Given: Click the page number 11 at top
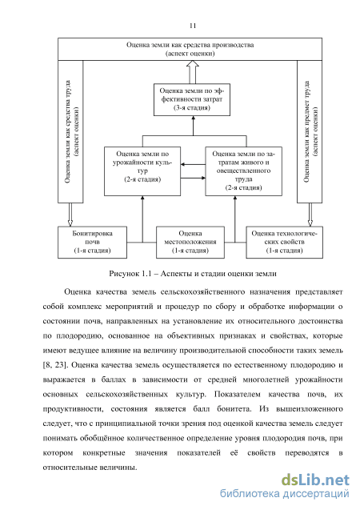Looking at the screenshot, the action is tap(193, 26).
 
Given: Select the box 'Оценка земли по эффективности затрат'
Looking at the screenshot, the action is tap(192, 99).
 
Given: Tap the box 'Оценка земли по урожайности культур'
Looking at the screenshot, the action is tap(142, 171).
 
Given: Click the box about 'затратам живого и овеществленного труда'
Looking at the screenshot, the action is tap(244, 171).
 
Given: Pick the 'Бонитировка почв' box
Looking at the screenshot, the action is tap(92, 243).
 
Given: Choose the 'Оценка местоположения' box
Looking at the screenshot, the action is tap(190, 243).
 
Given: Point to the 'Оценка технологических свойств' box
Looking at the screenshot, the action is tap(284, 243).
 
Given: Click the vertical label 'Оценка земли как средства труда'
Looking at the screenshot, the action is tap(67, 131).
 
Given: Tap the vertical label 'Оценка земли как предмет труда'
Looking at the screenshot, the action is tap(306, 131).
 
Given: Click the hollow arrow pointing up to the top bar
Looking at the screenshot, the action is tap(192, 72).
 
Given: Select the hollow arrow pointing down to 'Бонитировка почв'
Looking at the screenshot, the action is tap(70, 215).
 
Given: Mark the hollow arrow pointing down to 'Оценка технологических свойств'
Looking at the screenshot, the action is tap(310, 215).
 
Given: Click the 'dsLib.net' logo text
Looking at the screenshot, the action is tap(315, 480).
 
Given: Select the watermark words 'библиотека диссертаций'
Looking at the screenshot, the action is tap(285, 494).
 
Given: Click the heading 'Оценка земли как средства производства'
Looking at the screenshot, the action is tap(190, 45).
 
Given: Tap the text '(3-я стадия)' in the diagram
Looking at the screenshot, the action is tap(192, 107).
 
